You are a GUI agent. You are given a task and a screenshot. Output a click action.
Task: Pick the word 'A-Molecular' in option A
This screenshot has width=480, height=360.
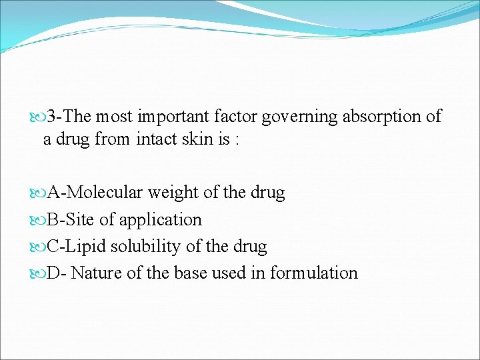[95, 193]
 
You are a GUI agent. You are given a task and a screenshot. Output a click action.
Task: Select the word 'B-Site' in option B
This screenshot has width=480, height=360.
[71, 220]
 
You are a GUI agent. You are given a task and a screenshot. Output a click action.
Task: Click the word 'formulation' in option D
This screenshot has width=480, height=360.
[314, 273]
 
